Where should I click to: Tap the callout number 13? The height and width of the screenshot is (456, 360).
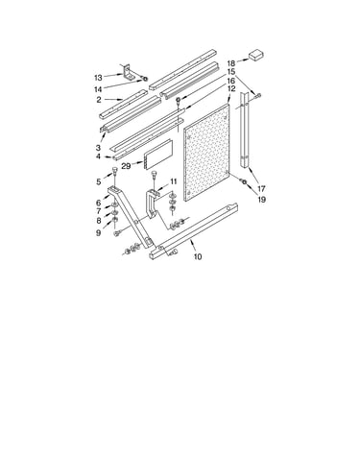[x=98, y=78]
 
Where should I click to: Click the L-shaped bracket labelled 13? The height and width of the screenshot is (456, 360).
[x=129, y=72]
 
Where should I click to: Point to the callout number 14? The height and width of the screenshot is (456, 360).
[x=98, y=89]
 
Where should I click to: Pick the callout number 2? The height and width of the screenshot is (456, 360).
[x=99, y=100]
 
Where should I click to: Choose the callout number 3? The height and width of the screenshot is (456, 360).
[x=98, y=148]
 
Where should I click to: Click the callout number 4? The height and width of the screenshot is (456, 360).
[x=98, y=156]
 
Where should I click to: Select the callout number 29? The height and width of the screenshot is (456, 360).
[x=126, y=166]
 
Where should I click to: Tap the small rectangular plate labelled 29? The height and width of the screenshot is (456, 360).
[x=158, y=155]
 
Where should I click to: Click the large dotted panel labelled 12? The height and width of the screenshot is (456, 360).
[x=206, y=153]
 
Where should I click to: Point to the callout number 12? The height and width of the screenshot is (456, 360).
[x=231, y=88]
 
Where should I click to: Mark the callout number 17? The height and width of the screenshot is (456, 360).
[x=261, y=188]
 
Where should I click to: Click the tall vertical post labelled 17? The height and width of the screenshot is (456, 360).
[x=245, y=130]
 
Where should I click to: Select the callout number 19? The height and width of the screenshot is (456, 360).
[x=261, y=200]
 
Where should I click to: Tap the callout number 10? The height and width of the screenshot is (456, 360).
[x=198, y=256]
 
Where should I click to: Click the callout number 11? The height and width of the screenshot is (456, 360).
[x=173, y=181]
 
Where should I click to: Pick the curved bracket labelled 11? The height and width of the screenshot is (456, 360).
[x=152, y=204]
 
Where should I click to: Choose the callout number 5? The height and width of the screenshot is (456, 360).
[x=99, y=182]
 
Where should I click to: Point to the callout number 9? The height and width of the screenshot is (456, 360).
[x=98, y=233]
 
